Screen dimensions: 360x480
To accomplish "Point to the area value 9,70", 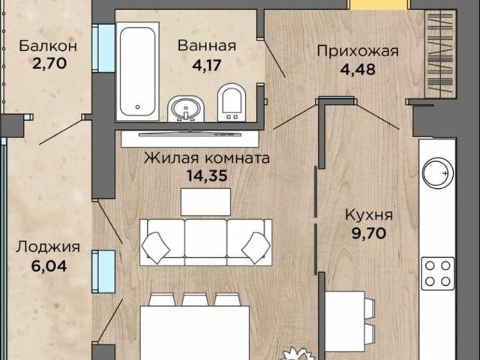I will pos(369,234).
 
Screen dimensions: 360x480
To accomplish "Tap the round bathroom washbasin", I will pos(183,109).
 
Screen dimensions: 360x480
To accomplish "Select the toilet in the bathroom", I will pos(231,103).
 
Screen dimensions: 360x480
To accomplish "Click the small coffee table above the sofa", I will pos(205,201).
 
